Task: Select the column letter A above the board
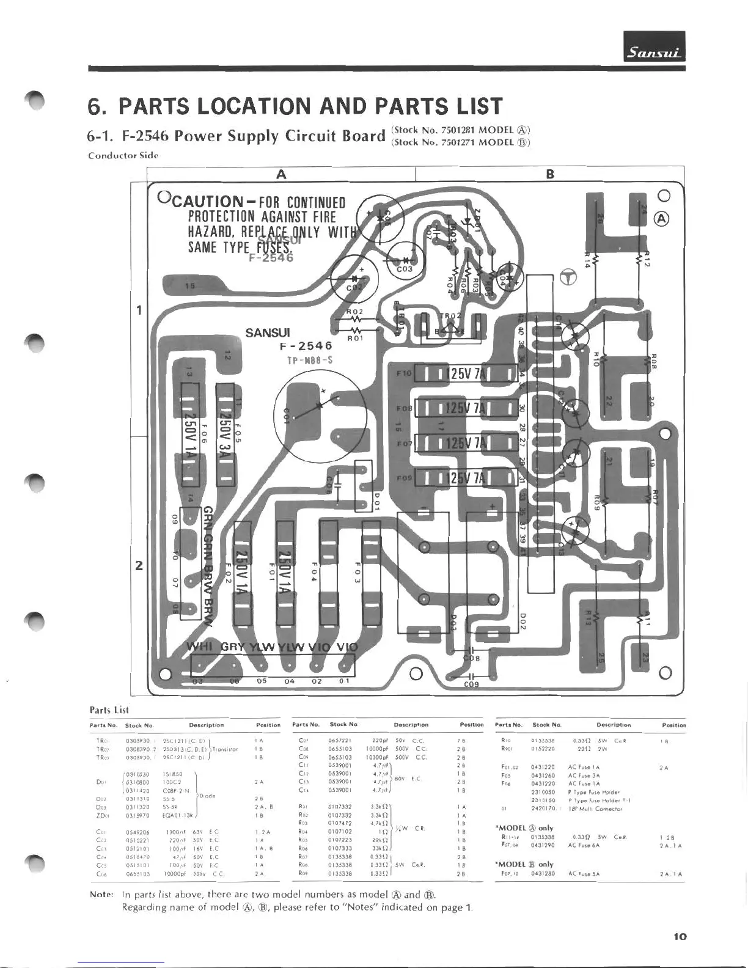tap(280, 174)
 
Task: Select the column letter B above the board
tap(550, 174)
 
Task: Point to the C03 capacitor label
tap(405, 269)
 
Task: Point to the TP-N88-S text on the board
tap(310, 360)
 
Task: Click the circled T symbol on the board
tap(568, 278)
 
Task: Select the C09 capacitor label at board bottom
tap(471, 684)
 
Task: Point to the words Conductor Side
tap(123, 155)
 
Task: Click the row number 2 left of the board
tap(139, 565)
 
